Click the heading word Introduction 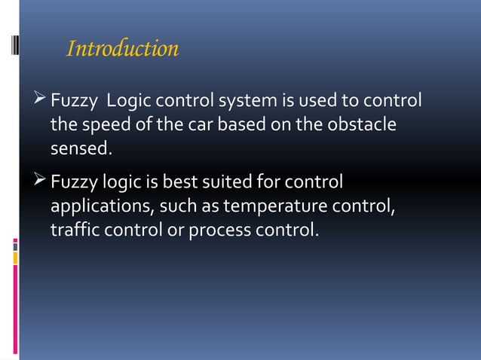tap(123, 49)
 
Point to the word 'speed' tap(100, 125)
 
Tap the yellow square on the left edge tap(15, 258)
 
